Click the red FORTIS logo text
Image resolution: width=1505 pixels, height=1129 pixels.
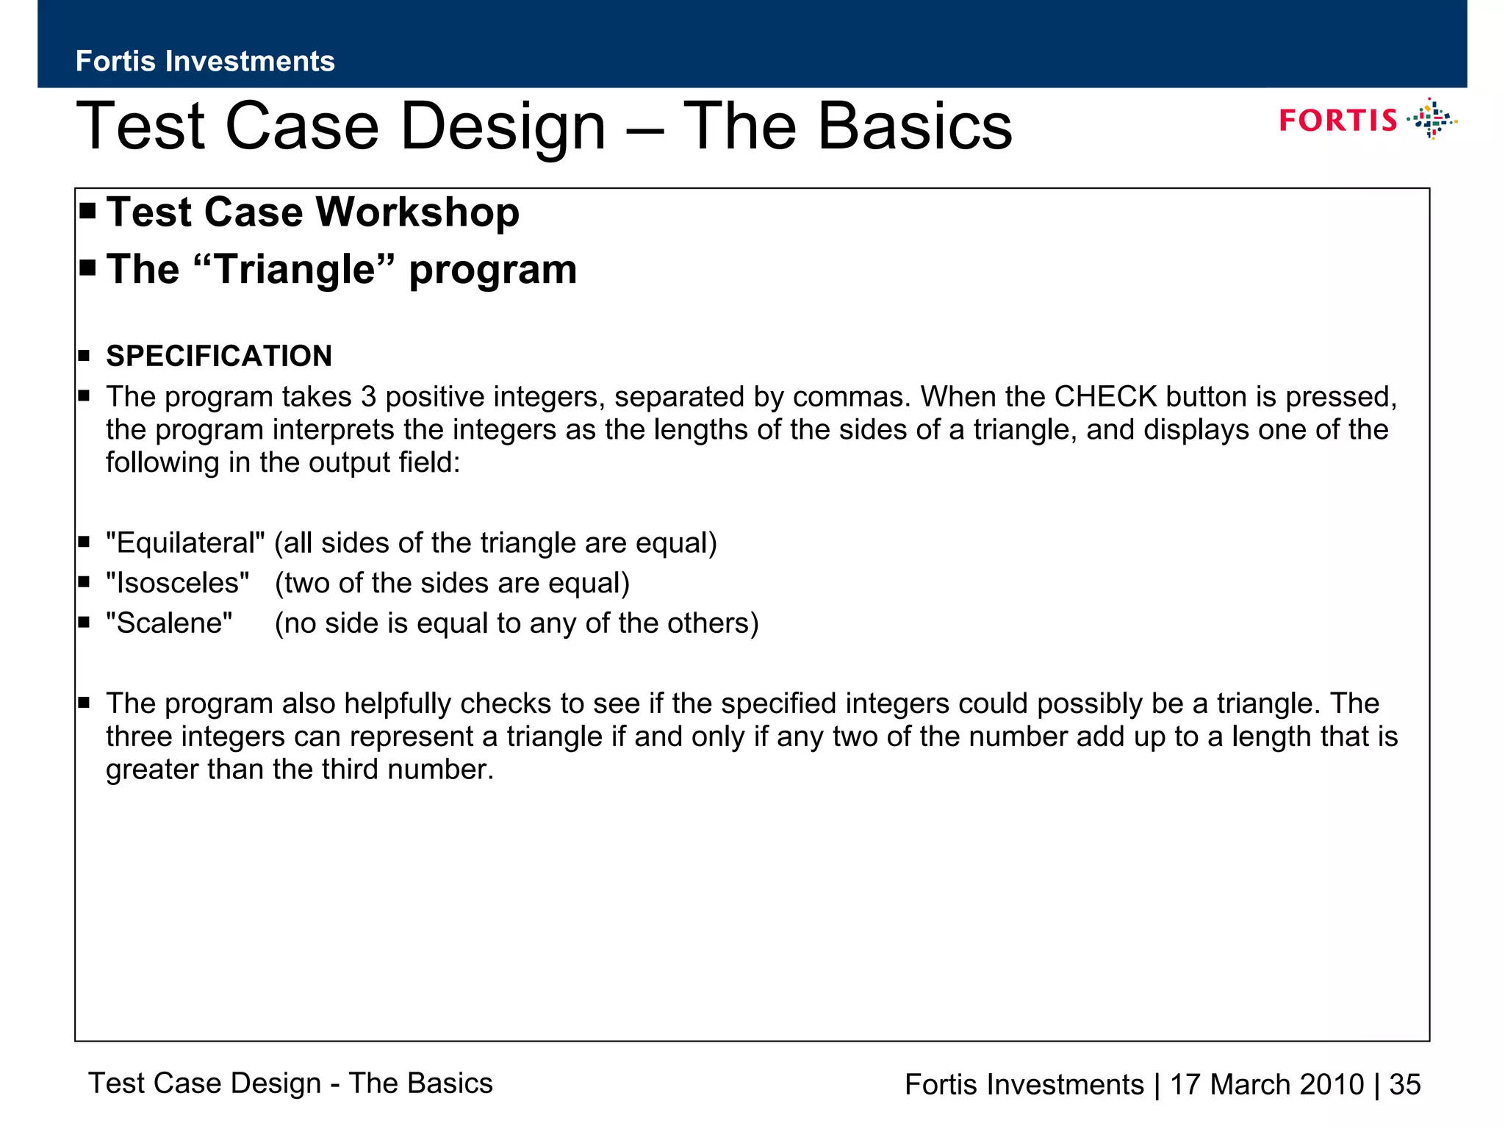(x=1337, y=121)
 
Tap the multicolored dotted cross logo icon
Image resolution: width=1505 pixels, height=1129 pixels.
(x=1432, y=119)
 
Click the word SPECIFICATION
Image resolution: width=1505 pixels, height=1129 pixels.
(x=219, y=356)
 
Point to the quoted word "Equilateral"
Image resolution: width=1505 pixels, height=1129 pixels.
(x=185, y=543)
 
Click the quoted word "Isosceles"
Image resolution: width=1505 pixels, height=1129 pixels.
(x=177, y=583)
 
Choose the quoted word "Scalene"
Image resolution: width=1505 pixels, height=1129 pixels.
(x=169, y=623)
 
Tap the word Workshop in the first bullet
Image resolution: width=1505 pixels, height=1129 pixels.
(x=417, y=212)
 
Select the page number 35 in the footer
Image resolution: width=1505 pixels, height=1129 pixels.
(x=1405, y=1084)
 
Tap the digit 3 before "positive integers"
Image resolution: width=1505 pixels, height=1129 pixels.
(x=368, y=397)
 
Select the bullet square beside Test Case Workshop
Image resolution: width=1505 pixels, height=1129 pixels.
(x=88, y=212)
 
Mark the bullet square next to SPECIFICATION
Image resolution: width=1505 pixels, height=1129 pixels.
(x=84, y=356)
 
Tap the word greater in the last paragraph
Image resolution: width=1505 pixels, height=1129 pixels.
(x=152, y=770)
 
